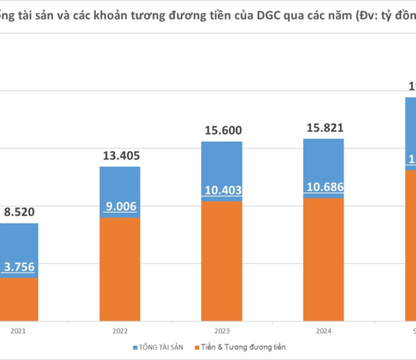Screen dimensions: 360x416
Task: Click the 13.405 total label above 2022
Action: (121, 155)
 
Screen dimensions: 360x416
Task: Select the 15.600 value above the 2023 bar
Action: (222, 132)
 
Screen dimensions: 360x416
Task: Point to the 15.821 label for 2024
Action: (323, 128)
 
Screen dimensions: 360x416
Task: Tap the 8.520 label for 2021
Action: (19, 211)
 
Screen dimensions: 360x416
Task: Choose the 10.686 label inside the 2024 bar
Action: (323, 188)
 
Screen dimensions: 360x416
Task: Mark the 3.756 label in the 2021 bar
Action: (19, 268)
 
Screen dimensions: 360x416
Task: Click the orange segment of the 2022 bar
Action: (121, 269)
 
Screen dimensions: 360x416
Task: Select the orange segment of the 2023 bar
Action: (222, 261)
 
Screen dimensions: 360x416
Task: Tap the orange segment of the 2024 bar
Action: (323, 259)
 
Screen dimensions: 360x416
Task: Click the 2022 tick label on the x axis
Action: (121, 330)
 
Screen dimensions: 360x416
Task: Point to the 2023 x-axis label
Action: (222, 330)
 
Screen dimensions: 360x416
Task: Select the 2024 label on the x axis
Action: (323, 330)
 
